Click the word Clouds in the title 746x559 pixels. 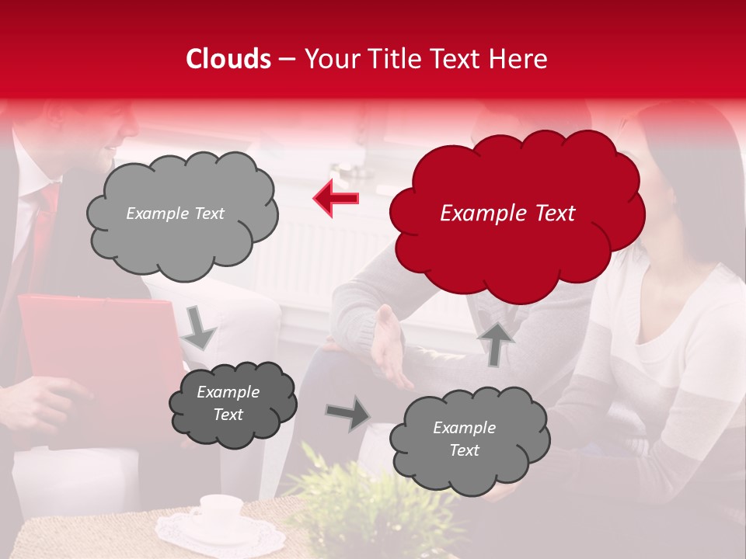(228, 59)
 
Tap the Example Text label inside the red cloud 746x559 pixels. (507, 214)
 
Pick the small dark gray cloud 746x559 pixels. (232, 404)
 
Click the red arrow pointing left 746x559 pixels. (336, 199)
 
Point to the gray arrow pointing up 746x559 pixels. (495, 342)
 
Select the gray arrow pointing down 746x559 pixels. (198, 328)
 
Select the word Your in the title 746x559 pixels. (330, 59)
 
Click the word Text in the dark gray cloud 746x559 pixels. (228, 415)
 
